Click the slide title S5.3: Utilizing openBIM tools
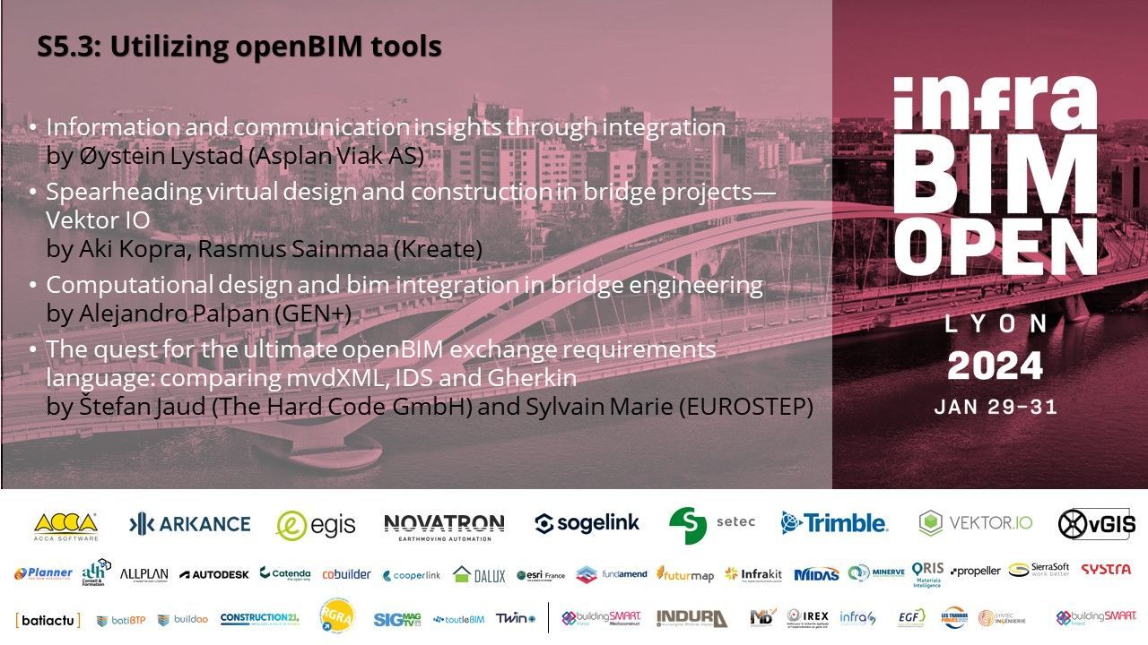(239, 47)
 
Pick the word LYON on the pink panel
(996, 323)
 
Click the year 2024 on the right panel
(996, 365)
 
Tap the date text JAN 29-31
(996, 407)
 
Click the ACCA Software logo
(65, 526)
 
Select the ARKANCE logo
(190, 524)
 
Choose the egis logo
(316, 525)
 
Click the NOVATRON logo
(444, 525)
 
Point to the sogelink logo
(587, 524)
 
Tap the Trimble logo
(834, 523)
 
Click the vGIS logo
(1096, 524)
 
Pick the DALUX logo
(479, 575)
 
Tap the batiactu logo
(48, 619)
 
